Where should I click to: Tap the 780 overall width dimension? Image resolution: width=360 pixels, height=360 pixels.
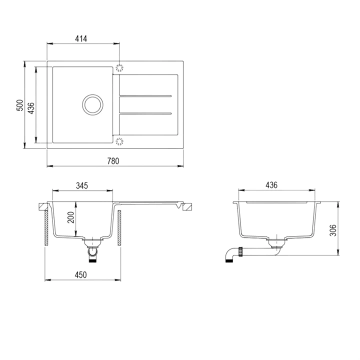pos(113,160)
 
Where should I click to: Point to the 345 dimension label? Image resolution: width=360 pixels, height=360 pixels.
pos(82,185)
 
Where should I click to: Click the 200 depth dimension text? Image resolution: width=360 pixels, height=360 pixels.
pos(71,218)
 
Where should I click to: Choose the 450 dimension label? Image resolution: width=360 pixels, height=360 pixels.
pos(81,274)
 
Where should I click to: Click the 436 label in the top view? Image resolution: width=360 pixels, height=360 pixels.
pos(31,107)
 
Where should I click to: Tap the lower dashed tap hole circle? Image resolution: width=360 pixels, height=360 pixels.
pos(120,142)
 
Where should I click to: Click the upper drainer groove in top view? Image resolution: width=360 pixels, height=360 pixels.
pos(146,96)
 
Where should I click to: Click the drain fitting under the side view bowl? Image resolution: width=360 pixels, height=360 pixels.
pos(275,243)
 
